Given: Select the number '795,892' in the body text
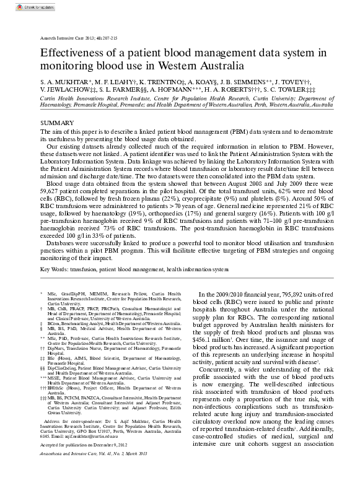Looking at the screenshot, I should [x=289, y=294].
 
